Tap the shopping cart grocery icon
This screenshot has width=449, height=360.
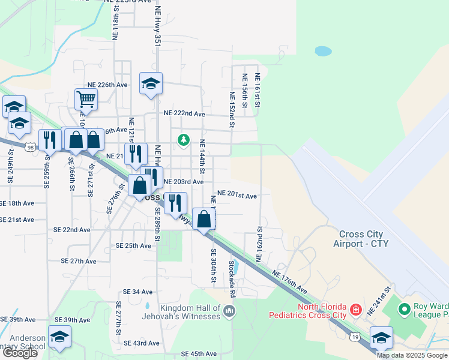(x=86, y=100)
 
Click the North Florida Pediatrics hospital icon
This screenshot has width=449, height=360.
(x=356, y=310)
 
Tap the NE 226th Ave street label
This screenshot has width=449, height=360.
(x=107, y=85)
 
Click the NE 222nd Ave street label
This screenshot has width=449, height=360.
(x=184, y=113)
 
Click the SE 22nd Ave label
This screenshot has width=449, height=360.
(x=71, y=230)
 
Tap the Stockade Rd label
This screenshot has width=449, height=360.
(x=231, y=278)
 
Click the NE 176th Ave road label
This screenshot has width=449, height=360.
(x=289, y=282)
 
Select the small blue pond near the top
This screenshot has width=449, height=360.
(x=323, y=51)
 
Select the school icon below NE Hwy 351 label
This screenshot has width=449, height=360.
(x=151, y=83)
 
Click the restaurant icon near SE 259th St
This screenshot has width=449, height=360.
(x=47, y=140)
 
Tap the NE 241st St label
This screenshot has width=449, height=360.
(x=379, y=302)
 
